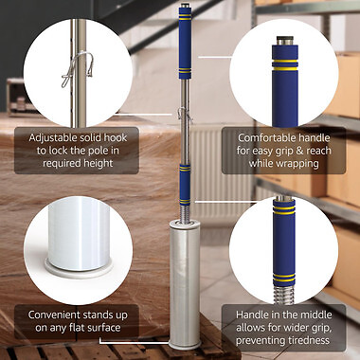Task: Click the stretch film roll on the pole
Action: click(186, 284)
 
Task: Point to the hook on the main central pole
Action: click(179, 117)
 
